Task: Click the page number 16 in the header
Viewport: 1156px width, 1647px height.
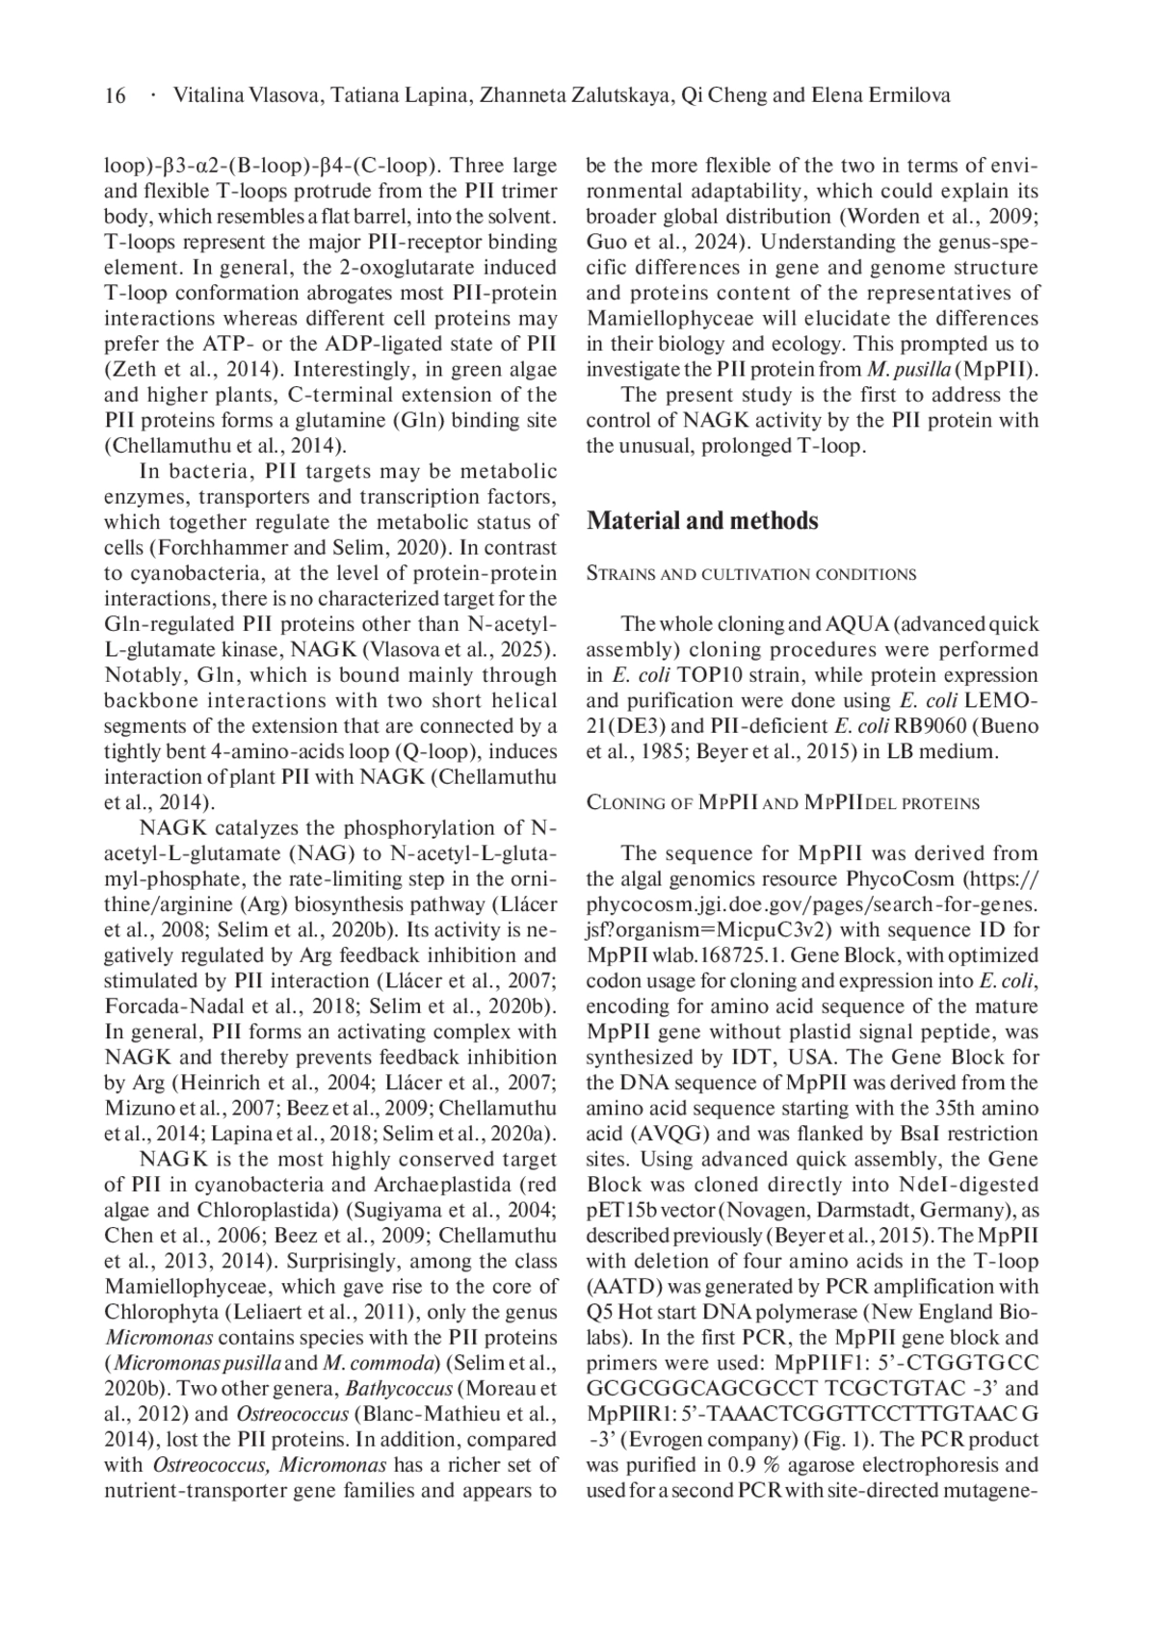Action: (x=115, y=95)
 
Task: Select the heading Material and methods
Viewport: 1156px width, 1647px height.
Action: (x=702, y=521)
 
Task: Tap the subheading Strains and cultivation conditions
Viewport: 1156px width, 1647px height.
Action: (x=751, y=574)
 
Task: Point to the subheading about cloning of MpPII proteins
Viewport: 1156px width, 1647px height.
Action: (x=782, y=802)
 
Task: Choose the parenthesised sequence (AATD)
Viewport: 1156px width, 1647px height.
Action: (x=621, y=1286)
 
